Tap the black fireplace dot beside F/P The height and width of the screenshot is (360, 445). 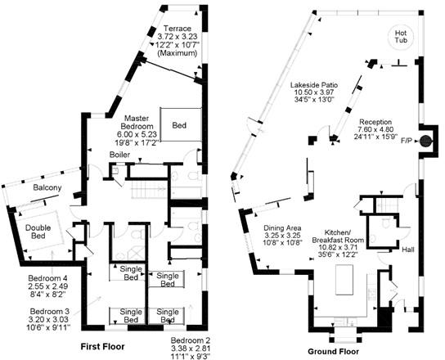(425, 141)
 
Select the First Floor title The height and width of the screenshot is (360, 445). (102, 347)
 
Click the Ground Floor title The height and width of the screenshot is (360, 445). (333, 352)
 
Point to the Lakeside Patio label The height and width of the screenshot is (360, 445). (314, 84)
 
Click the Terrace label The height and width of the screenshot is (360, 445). (178, 29)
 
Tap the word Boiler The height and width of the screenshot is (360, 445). (119, 155)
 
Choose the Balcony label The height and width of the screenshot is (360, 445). (47, 187)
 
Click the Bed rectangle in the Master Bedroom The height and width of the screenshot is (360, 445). (181, 124)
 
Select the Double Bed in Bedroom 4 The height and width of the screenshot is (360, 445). (38, 232)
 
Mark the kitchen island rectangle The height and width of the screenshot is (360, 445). (344, 280)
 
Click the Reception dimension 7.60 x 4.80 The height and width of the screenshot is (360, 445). (375, 129)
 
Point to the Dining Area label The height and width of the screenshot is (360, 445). (282, 228)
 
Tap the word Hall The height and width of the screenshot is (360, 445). (408, 250)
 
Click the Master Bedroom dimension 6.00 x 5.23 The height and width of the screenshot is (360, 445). (137, 134)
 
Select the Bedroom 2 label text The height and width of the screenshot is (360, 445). (191, 340)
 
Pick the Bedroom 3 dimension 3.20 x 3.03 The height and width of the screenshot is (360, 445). (49, 319)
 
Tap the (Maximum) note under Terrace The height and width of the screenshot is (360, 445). (177, 53)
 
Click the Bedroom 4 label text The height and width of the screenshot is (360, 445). (47, 278)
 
